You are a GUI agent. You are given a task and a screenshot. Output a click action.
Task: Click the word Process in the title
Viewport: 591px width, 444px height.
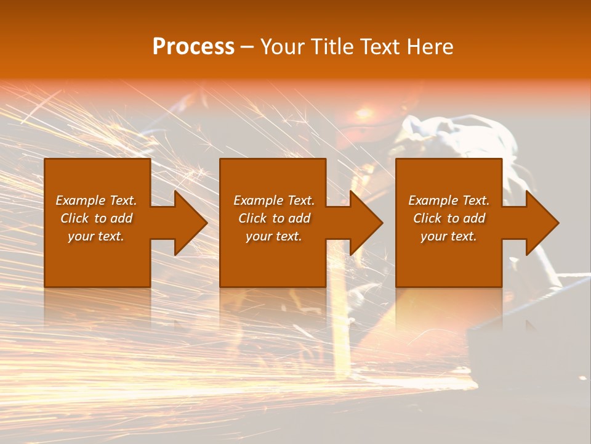coord(193,47)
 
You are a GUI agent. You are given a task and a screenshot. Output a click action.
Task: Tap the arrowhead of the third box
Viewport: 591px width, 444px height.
coord(541,223)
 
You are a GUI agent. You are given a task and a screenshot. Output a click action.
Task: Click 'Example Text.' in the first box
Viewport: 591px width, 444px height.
coord(96,200)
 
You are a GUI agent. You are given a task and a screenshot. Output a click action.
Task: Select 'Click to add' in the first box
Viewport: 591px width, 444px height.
coord(96,218)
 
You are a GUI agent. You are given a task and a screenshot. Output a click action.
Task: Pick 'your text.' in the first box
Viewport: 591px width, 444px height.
coord(96,236)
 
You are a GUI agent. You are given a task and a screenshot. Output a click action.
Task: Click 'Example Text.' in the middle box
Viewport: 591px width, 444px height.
coord(274,200)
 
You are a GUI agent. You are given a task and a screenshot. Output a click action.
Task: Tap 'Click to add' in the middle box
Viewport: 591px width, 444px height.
coord(274,218)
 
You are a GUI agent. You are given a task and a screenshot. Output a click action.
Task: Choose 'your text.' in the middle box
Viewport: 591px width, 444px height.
coord(274,236)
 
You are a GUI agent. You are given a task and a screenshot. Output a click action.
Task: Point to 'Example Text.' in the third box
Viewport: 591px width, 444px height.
coord(449,200)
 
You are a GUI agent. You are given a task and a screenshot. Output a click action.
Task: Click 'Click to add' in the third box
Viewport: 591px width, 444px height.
coord(449,218)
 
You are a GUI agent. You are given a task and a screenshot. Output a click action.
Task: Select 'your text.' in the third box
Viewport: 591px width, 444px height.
coord(449,236)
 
